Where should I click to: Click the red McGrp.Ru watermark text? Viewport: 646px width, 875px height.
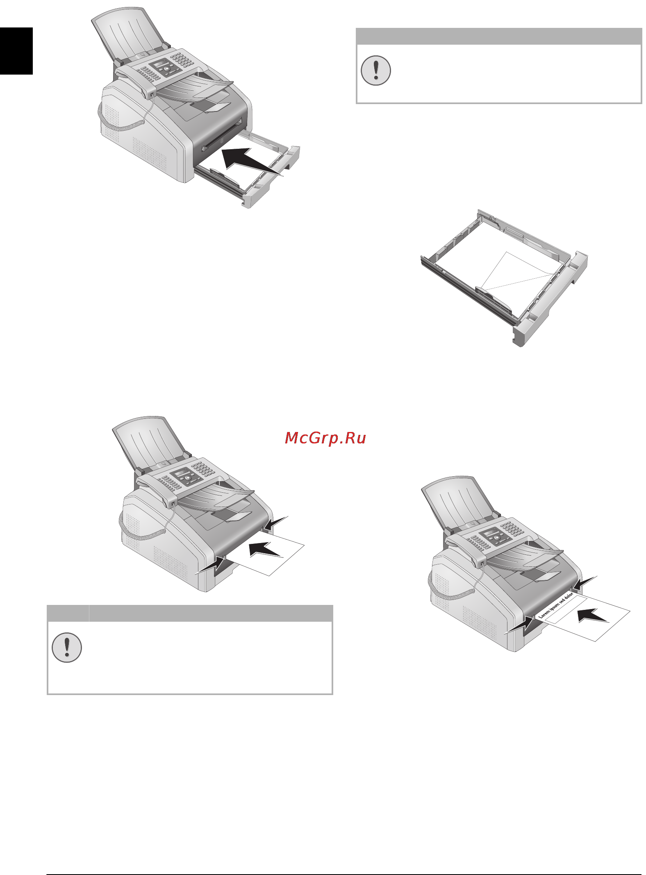coord(325,438)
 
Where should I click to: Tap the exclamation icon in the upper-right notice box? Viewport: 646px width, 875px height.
coord(375,70)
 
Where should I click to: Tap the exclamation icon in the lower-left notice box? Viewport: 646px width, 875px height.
coord(67,648)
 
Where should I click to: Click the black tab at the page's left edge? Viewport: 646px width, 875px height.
coord(16,51)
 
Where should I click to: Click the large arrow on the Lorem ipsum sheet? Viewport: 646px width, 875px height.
coord(593,615)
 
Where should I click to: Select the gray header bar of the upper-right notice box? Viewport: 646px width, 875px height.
coord(498,36)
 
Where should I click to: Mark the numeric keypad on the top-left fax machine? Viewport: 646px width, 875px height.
coord(182,59)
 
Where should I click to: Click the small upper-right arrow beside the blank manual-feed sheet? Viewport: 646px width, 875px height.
coord(275,523)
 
